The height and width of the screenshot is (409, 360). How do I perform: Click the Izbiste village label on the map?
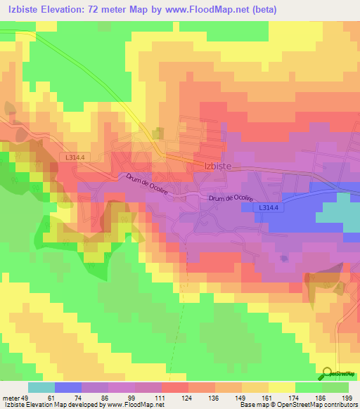click(x=217, y=166)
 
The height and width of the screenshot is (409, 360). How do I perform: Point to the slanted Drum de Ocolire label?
click(x=147, y=188)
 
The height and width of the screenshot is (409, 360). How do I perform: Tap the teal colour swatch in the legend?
click(x=41, y=387)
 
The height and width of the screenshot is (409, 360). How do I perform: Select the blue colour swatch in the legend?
click(x=68, y=387)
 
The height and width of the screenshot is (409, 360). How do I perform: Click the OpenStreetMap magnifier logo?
click(x=327, y=374)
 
